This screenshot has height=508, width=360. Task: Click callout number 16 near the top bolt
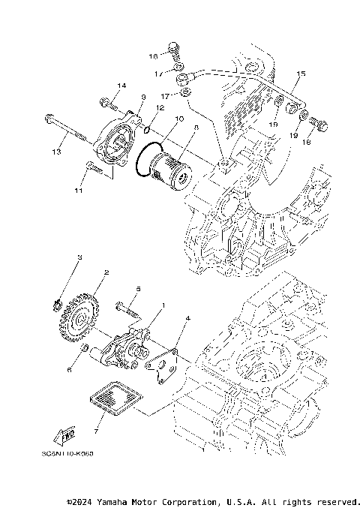click(152, 56)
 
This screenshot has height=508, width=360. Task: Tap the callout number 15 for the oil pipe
click(301, 74)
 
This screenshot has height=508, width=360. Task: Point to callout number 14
click(121, 86)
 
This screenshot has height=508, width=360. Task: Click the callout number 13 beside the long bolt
click(55, 152)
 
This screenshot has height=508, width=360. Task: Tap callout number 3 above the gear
click(80, 257)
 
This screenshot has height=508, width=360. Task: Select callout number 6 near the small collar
click(70, 370)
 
